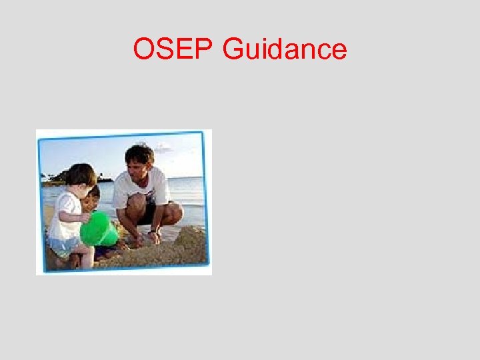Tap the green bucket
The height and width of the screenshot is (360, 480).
99,229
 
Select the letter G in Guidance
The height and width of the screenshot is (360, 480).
233,49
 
